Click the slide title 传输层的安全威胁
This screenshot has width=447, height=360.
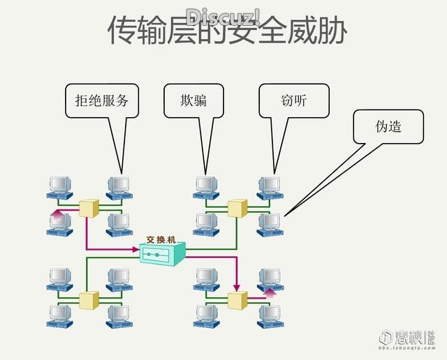tap(227, 31)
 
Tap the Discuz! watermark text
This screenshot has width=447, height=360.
tap(223, 15)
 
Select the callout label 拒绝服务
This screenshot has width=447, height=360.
tap(102, 100)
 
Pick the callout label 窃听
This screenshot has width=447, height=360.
tap(292, 100)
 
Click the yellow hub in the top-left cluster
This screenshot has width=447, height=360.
tap(89, 207)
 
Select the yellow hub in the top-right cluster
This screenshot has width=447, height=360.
tap(237, 207)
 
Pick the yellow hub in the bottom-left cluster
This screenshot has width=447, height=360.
tap(89, 300)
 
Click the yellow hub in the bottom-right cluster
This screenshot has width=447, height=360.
tap(237, 300)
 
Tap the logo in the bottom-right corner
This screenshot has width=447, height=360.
tap(412, 338)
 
